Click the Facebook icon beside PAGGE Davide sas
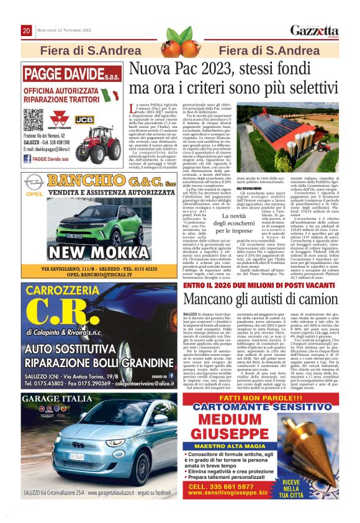coord(27,159)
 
